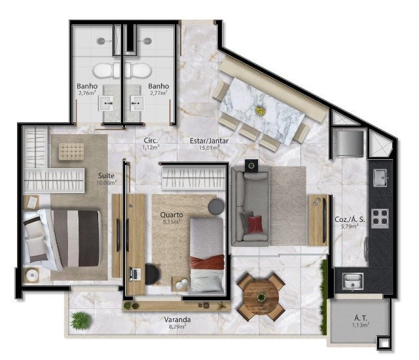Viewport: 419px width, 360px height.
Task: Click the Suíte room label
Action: (106, 175)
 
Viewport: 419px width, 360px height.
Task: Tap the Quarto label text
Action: (172, 215)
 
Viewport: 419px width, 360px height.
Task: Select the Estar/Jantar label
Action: (209, 141)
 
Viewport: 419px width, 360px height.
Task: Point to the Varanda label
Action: (177, 319)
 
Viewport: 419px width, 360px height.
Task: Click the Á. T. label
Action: (361, 318)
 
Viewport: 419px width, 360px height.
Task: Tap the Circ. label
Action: (151, 141)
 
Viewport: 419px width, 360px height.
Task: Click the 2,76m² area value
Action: (87, 93)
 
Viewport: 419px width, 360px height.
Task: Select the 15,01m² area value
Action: (209, 147)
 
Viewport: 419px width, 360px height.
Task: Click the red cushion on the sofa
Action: (255, 224)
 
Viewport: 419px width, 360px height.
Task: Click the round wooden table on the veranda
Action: (261, 297)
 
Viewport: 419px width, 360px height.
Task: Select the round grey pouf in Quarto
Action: (216, 206)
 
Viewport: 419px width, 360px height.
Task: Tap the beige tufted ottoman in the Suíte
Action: (71, 151)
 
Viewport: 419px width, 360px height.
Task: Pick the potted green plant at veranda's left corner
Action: (81, 321)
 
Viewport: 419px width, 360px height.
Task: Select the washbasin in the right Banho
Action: (137, 103)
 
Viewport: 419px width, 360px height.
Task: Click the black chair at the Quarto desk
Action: (153, 274)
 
